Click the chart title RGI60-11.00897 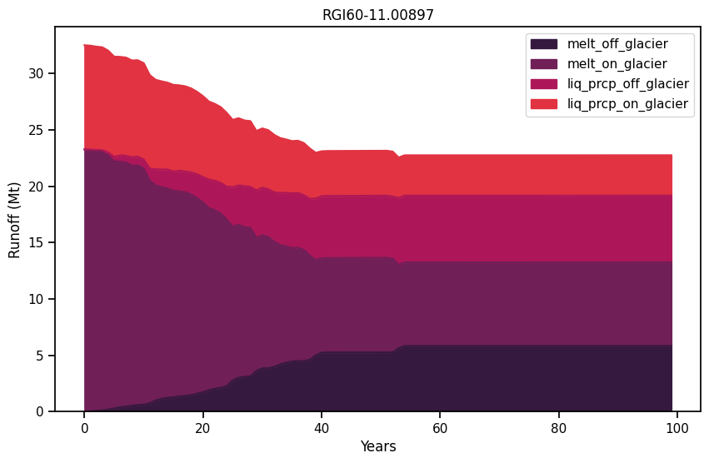[x=378, y=15]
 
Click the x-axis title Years [x=378, y=447]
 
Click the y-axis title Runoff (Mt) [x=15, y=218]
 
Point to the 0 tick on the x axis [x=84, y=427]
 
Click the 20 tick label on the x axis [x=202, y=427]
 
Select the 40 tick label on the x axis [x=322, y=427]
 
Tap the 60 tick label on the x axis [x=440, y=427]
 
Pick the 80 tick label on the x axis [x=558, y=427]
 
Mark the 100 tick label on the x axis [x=677, y=427]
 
